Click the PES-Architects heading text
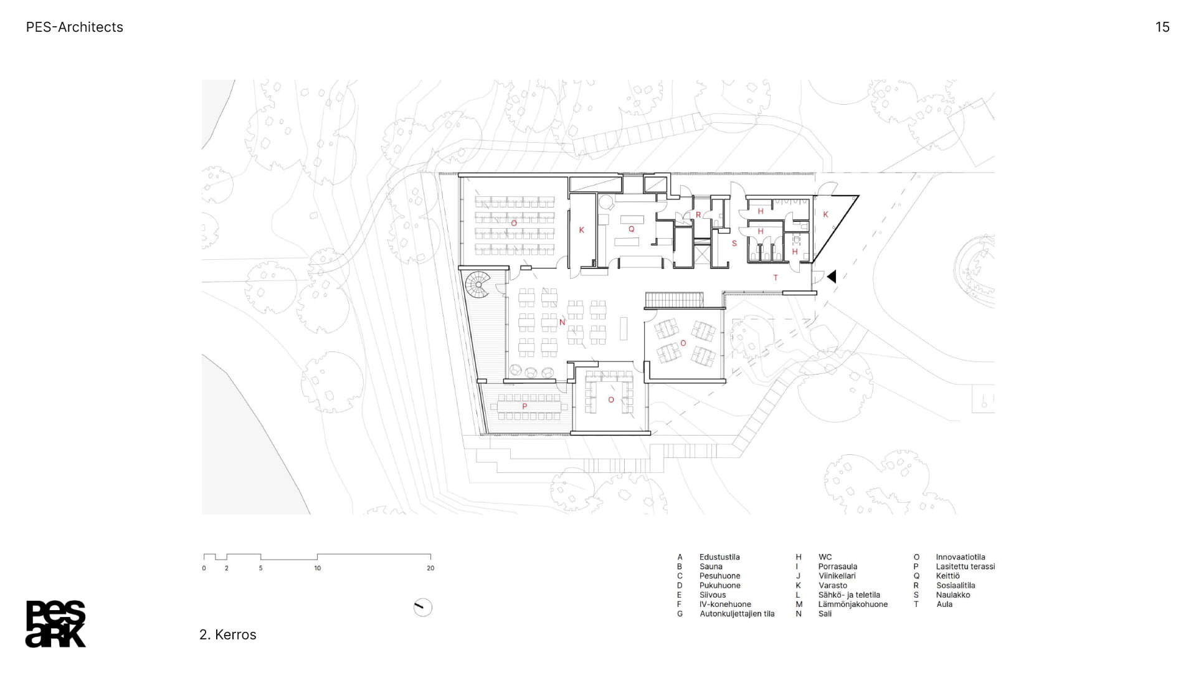[x=75, y=27]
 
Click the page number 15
[x=1162, y=27]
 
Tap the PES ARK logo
[x=55, y=624]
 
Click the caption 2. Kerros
[x=228, y=634]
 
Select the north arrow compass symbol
[x=423, y=607]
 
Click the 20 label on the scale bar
[x=430, y=568]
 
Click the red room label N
[x=562, y=322]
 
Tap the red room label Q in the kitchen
[x=631, y=229]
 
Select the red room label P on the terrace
[x=524, y=406]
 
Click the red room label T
[x=776, y=278]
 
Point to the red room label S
[x=734, y=244]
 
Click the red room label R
[x=698, y=215]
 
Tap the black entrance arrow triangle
[x=831, y=276]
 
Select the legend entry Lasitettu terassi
[x=965, y=566]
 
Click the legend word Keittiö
[x=947, y=576]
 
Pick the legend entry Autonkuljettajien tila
[x=737, y=614]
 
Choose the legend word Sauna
[x=711, y=566]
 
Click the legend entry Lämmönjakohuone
[x=853, y=604]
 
